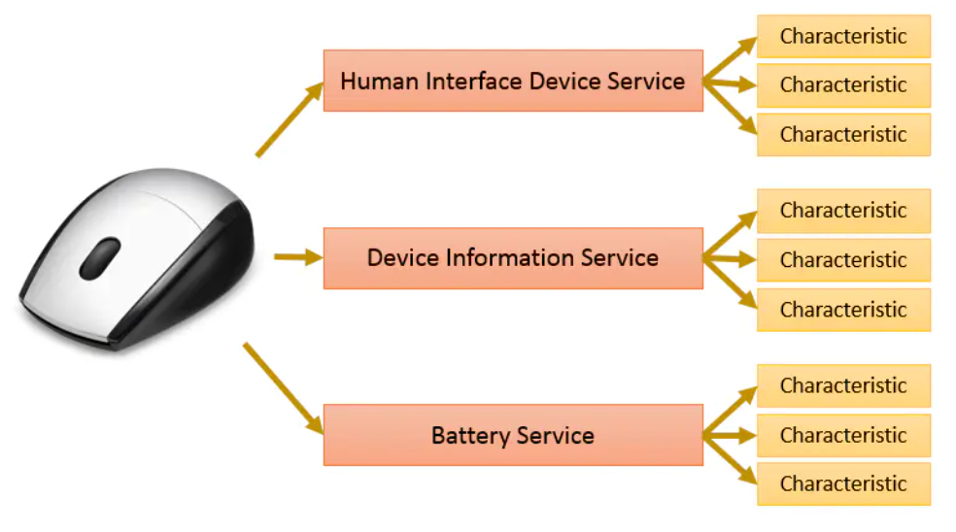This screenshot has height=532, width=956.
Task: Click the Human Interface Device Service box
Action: tap(512, 82)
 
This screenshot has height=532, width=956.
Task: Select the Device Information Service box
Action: tap(512, 258)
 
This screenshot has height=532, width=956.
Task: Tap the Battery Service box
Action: tap(512, 435)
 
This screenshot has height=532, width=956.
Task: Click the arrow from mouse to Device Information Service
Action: tap(297, 257)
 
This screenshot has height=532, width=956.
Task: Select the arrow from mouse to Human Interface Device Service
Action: tap(289, 119)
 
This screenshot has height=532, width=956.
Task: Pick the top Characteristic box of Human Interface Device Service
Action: tap(842, 37)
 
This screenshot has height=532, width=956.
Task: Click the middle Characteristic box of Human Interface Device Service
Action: tap(842, 85)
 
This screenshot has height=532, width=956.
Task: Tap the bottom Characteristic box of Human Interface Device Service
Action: tap(842, 135)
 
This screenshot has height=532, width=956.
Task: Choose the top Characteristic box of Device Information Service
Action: tap(842, 211)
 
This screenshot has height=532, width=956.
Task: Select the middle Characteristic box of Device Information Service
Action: tap(842, 260)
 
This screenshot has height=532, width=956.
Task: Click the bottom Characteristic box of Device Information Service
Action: tap(842, 310)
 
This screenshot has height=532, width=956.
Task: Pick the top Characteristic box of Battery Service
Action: tap(842, 385)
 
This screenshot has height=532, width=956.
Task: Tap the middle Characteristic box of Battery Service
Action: tap(842, 435)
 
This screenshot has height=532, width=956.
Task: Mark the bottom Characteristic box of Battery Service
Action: tap(842, 483)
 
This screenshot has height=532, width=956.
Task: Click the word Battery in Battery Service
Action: tap(467, 435)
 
